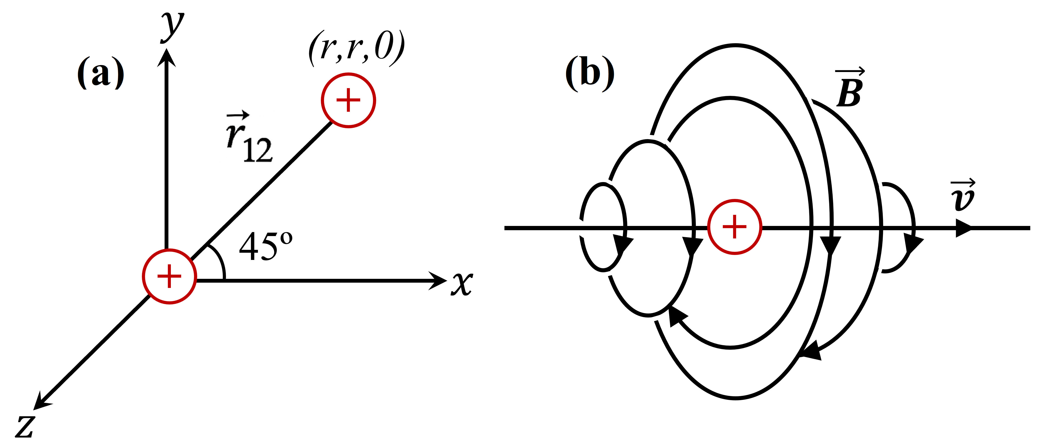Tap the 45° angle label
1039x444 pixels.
click(265, 246)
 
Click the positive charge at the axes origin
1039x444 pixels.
click(169, 277)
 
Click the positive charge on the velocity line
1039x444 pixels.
click(735, 227)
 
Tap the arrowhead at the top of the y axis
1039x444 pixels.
click(166, 57)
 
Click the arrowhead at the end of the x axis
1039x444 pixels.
click(437, 280)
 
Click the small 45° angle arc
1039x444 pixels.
click(218, 260)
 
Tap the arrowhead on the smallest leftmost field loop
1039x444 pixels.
click(622, 244)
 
